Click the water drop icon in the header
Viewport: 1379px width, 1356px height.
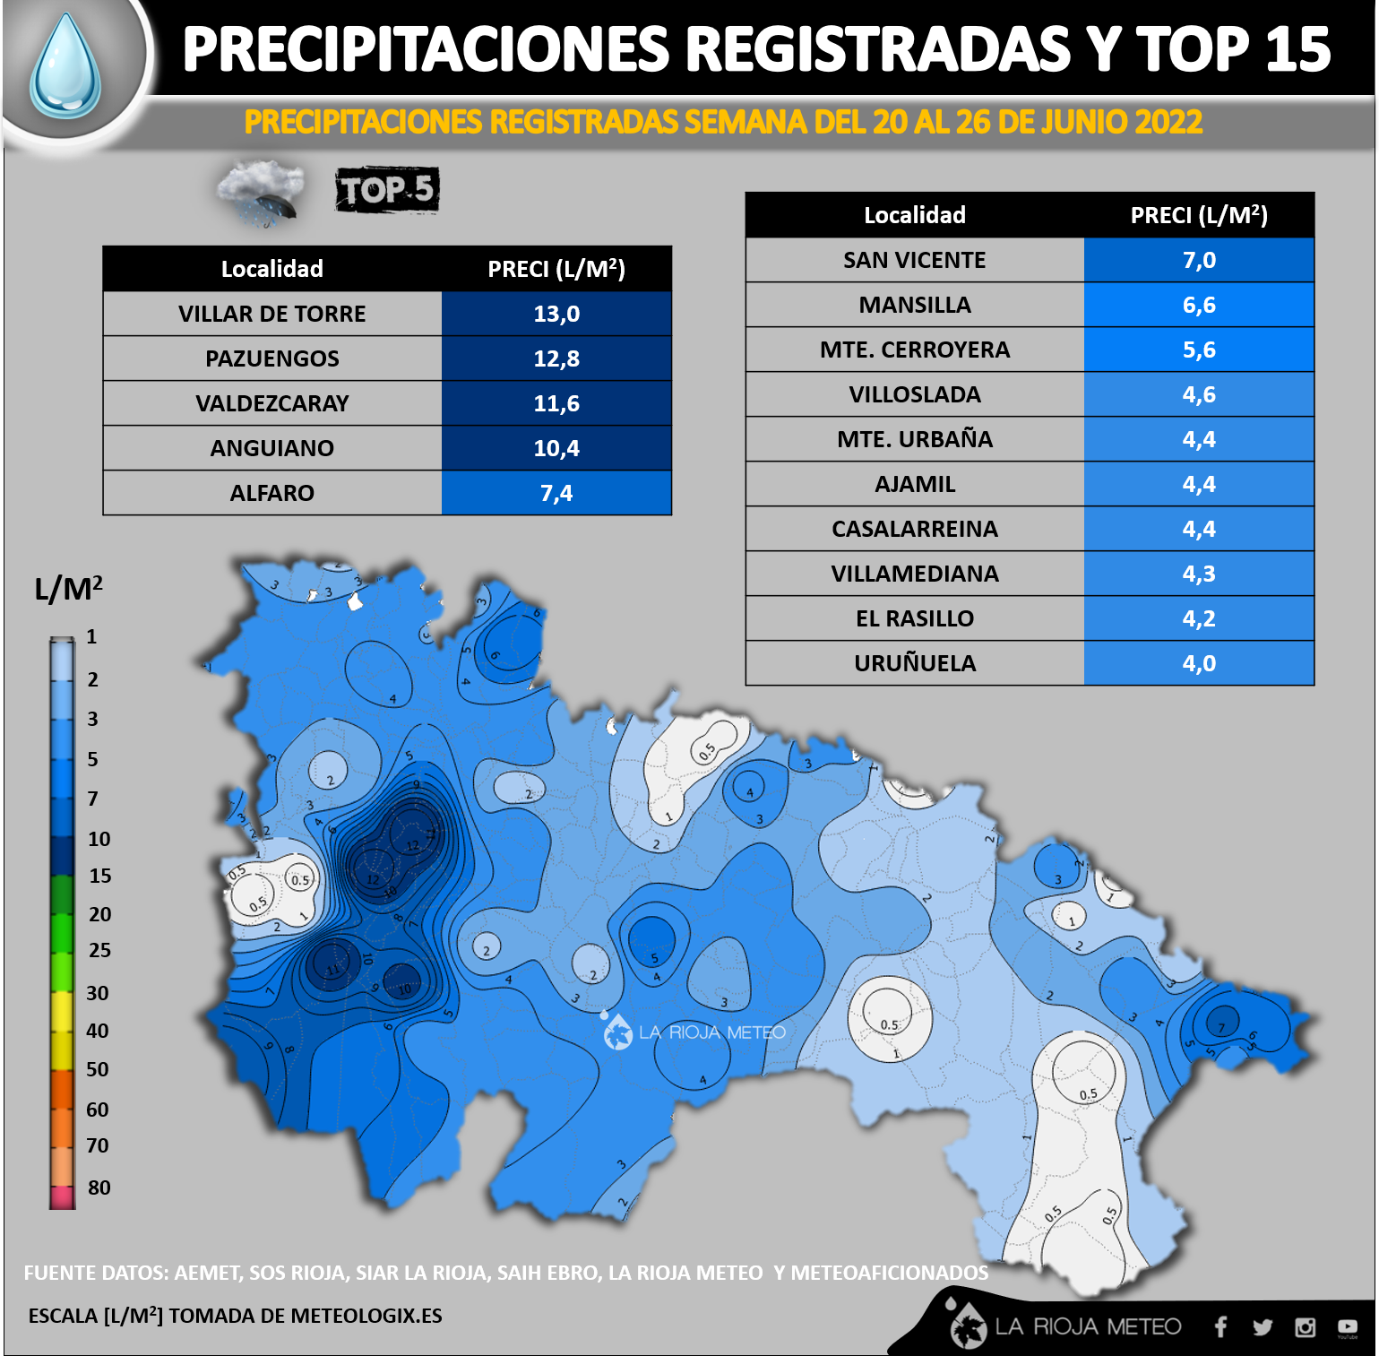pos(65,65)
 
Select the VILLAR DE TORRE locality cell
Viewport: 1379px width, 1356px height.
pos(271,314)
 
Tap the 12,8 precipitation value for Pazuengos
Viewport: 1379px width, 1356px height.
pos(556,358)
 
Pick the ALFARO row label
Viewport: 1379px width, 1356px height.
pos(271,493)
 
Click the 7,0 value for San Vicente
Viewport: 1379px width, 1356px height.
pos(1199,260)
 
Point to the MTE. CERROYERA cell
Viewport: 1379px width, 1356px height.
pos(914,350)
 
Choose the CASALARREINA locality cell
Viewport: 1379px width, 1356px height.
pos(914,529)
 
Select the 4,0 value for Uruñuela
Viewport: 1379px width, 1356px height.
pos(1199,663)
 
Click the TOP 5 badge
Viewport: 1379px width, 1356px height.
pos(387,190)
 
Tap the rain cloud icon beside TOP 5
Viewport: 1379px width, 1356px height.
pos(261,191)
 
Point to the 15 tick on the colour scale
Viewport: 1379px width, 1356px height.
pos(99,876)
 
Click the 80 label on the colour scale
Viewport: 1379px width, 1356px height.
pos(99,1188)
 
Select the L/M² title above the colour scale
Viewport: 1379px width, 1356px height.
pos(68,589)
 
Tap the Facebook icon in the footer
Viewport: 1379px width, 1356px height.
pos(1220,1326)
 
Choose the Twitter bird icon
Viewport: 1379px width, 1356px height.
pos(1263,1327)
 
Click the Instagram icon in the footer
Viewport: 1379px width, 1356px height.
pos(1305,1327)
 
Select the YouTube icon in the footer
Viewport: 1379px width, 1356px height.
pos(1347,1327)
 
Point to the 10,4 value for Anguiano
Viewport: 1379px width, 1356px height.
pos(556,448)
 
